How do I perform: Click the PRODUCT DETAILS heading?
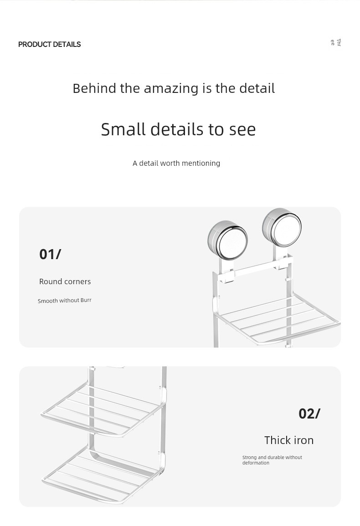click(49, 44)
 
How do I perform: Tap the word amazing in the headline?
click(171, 89)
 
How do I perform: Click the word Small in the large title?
click(123, 129)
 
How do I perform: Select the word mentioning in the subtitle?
click(201, 163)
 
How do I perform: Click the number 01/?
click(50, 254)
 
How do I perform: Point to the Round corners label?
click(65, 281)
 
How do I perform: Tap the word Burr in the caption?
click(86, 300)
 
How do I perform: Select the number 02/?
click(309, 414)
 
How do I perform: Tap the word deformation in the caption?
click(256, 463)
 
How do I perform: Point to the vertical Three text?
click(336, 42)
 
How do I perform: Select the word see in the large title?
click(242, 129)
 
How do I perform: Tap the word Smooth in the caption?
click(48, 301)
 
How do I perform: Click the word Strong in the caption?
click(250, 457)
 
